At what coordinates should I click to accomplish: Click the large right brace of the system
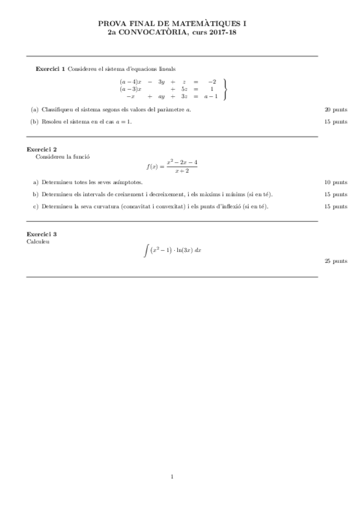[225, 88]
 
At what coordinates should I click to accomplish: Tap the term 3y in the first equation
[161, 81]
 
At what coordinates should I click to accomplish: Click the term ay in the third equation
[161, 96]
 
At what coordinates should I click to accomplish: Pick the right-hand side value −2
[212, 81]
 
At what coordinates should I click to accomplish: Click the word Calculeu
[37, 241]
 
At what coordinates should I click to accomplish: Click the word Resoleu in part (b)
[53, 121]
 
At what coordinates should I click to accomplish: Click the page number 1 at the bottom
[172, 478]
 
